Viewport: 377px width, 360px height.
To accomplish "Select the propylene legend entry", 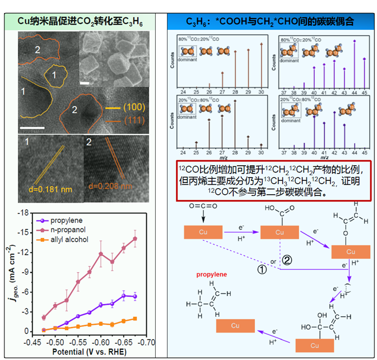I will [64, 220].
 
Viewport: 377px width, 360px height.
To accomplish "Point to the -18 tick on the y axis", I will [22, 213].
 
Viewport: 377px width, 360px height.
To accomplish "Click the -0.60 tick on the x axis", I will [101, 341].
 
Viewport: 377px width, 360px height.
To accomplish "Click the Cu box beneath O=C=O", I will [203, 232].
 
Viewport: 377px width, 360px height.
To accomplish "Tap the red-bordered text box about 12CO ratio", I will [272, 180].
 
